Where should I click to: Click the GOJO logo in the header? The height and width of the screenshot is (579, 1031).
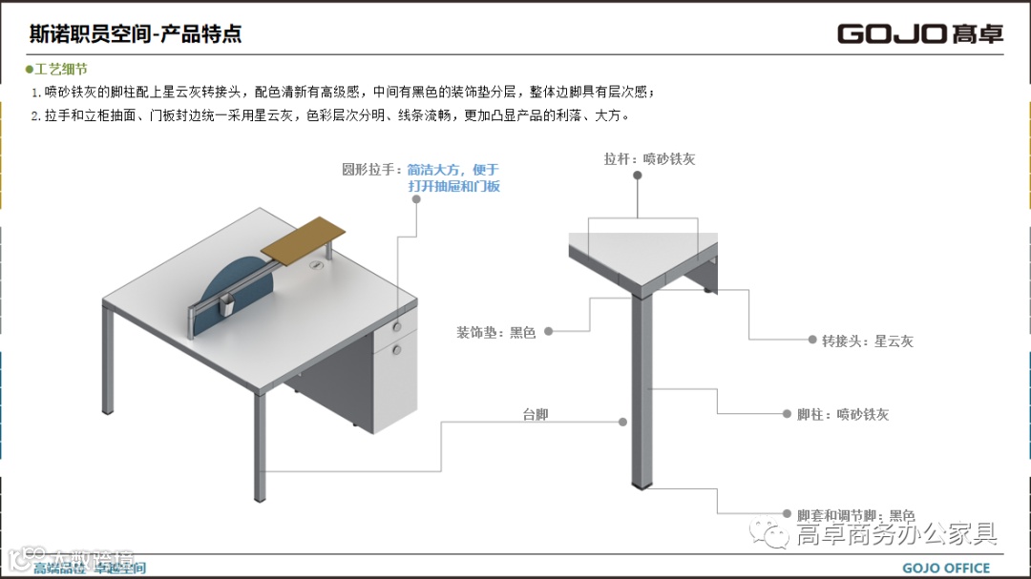click(919, 33)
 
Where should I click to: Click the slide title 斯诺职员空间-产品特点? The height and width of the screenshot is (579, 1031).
click(136, 34)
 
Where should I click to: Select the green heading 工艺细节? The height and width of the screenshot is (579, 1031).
click(60, 70)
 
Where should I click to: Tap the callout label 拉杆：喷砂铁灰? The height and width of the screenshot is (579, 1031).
click(649, 159)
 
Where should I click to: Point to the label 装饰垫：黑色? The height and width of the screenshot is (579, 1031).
click(495, 332)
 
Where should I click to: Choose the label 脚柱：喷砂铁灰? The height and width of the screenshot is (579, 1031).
click(843, 415)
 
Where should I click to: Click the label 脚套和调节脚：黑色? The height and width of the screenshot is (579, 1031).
click(855, 515)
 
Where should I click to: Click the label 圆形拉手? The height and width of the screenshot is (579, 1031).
click(371, 170)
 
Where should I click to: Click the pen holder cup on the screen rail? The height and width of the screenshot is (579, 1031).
click(226, 306)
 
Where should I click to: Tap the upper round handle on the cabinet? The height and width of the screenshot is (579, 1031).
click(397, 328)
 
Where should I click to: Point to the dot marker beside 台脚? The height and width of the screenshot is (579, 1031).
click(622, 421)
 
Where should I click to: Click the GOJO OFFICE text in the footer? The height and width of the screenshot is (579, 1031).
click(946, 569)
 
